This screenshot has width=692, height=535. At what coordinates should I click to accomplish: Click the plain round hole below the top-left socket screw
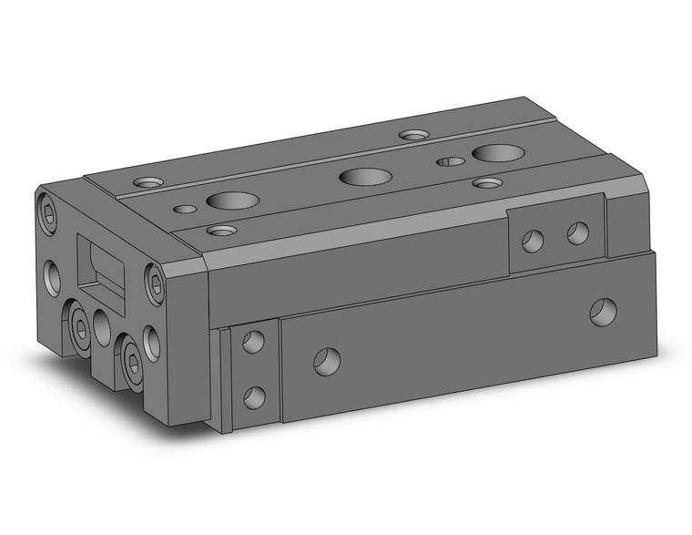(x=52, y=273)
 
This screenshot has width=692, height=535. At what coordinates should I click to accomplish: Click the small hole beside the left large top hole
(x=185, y=210)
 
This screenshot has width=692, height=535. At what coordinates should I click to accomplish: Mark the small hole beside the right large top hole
(x=450, y=162)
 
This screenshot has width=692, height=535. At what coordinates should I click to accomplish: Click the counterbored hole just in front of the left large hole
(x=219, y=231)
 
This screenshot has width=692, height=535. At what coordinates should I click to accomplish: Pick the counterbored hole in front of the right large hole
(x=488, y=183)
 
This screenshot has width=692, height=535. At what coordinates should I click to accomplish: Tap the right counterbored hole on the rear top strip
(x=414, y=136)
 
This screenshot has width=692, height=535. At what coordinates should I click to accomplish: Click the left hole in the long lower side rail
(x=328, y=362)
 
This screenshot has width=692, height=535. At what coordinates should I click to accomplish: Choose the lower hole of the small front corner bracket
(x=255, y=396)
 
